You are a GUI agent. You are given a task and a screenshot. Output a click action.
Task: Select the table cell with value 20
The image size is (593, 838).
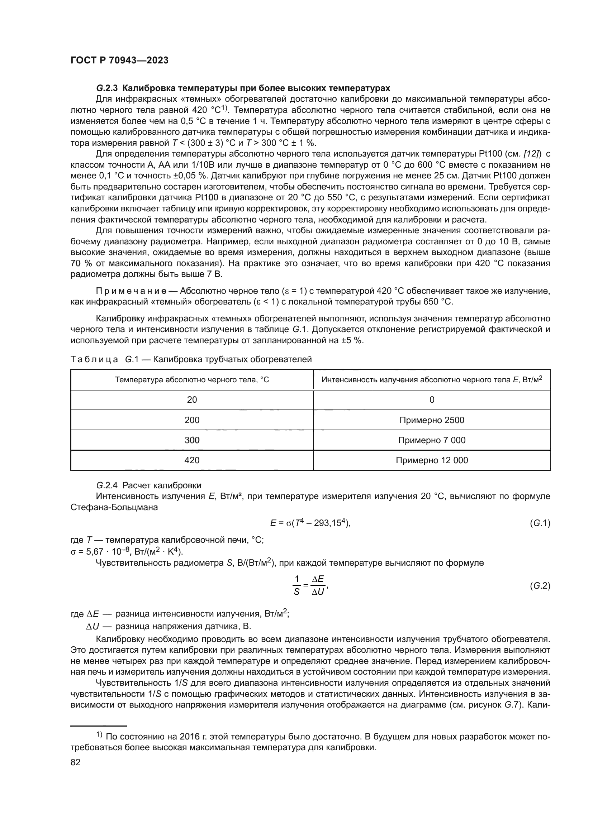(192, 400)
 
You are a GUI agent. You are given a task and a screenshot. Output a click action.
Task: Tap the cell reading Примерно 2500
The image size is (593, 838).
(432, 420)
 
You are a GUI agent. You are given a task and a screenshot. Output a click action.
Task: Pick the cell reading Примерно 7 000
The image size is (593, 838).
(432, 440)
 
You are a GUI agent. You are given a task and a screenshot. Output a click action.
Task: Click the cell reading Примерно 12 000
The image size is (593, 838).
(432, 460)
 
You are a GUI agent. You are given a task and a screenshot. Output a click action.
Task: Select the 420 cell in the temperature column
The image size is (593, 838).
(192, 460)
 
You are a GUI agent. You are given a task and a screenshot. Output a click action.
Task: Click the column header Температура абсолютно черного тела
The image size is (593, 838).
(192, 379)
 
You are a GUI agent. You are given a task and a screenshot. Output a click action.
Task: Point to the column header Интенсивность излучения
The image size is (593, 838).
(432, 379)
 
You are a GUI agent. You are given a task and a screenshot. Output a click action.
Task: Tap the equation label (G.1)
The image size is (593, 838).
(540, 523)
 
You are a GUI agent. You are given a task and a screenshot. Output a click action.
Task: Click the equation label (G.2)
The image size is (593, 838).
(540, 586)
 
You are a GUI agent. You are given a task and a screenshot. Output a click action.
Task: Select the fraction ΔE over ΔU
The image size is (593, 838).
(318, 585)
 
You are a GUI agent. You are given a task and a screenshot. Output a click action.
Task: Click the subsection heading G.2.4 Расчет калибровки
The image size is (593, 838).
(149, 485)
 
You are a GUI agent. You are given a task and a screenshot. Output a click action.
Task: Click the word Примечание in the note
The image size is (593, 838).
(132, 291)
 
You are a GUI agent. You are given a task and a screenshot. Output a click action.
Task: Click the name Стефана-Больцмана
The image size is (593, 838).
(114, 507)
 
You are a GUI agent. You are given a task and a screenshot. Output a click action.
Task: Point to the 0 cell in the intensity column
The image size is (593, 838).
(432, 400)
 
